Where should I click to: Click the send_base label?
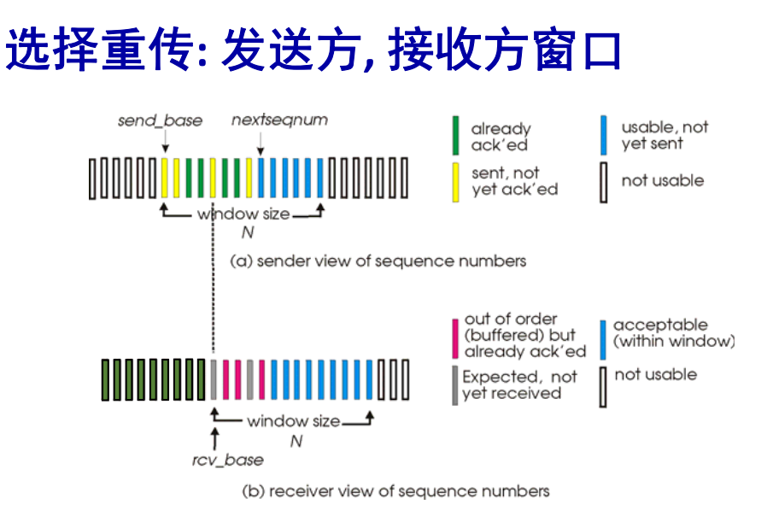160,120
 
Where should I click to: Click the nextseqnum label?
279,120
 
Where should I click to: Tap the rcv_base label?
226,460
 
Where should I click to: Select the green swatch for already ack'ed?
457,136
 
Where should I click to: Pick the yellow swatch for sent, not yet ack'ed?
457,181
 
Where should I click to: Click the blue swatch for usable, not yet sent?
603,135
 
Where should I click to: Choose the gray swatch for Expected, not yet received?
455,384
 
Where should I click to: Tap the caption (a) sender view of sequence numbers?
378,261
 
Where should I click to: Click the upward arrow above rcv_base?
214,437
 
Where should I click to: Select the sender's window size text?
243,214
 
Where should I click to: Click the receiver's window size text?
293,421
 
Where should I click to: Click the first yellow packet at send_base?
163,179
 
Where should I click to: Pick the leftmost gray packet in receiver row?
214,380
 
